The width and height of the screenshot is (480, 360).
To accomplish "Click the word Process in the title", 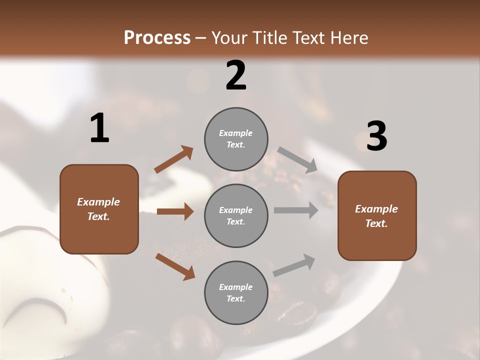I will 157,37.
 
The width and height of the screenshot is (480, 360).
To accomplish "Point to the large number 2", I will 236,75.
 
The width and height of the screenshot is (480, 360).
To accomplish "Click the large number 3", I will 376,136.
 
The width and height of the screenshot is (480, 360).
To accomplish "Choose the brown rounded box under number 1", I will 99,209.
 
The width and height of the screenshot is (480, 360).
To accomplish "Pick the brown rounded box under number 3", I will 377,215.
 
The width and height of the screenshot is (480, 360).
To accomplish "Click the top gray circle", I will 236,139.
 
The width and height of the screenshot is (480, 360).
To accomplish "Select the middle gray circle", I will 236,215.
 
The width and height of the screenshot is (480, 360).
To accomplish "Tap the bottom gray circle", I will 236,292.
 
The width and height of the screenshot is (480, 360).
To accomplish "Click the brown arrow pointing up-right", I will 174,159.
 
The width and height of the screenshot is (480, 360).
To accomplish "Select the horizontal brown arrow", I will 175,211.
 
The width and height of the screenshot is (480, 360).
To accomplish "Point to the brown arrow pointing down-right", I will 175,266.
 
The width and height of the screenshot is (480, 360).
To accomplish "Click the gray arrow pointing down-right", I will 297,160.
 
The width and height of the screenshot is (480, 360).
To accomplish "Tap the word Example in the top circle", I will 235,133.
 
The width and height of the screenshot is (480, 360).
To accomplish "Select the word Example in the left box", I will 98,202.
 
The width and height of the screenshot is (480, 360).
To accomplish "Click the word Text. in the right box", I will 376,223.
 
